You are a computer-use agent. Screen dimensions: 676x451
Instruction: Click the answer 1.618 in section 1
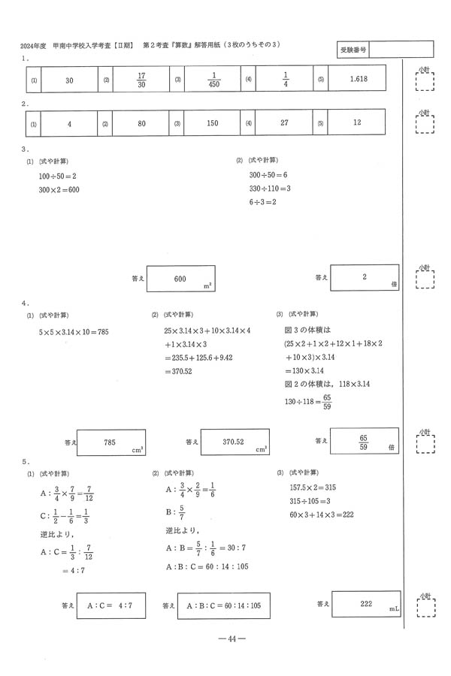coord(353,79)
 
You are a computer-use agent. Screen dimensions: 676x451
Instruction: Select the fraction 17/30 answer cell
coord(141,79)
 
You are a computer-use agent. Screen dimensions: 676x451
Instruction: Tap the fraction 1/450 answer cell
coord(213,79)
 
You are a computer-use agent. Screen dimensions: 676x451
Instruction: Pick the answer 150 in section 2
coord(212,122)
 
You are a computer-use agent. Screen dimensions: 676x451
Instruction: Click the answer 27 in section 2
coord(284,122)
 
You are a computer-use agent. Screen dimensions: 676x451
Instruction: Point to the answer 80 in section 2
coord(141,122)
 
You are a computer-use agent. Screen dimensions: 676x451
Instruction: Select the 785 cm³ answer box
coord(110,442)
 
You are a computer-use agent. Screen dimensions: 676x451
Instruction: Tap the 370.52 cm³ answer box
coord(235,442)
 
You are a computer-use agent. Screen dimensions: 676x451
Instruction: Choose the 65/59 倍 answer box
coord(364,442)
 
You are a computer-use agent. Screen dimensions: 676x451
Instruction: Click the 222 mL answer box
coord(367,603)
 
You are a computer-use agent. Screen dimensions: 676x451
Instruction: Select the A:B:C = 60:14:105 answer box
coord(223,605)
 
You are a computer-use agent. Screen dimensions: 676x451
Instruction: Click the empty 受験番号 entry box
coord(401,49)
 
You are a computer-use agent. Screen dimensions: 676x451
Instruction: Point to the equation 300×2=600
coord(59,189)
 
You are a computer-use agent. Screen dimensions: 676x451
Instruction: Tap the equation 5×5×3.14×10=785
coord(74,331)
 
